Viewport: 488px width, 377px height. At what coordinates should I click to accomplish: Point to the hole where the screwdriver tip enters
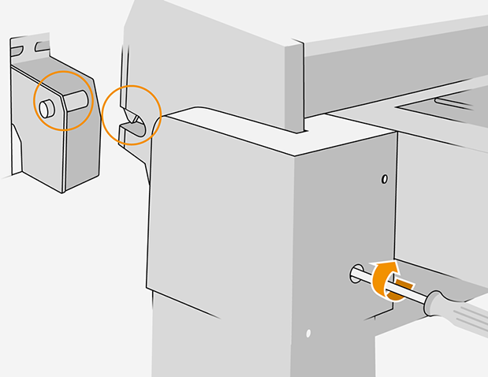click(x=352, y=274)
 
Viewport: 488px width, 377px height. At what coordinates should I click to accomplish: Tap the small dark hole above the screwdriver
click(x=384, y=179)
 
